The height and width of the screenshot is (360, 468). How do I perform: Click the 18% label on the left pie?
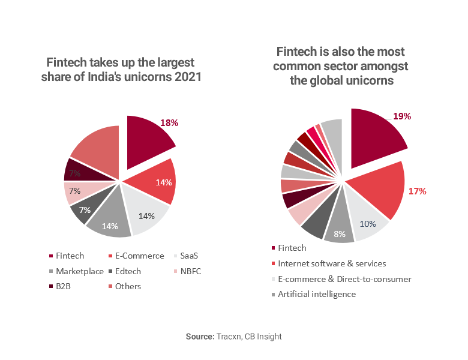click(x=169, y=122)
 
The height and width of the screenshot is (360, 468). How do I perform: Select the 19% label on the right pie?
click(x=401, y=116)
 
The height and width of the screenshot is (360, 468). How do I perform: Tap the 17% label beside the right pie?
click(x=417, y=191)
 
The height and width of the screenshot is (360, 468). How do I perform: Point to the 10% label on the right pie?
click(x=368, y=224)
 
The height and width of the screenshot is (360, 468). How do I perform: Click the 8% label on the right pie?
click(x=340, y=234)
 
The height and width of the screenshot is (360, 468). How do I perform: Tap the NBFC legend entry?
click(x=188, y=271)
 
